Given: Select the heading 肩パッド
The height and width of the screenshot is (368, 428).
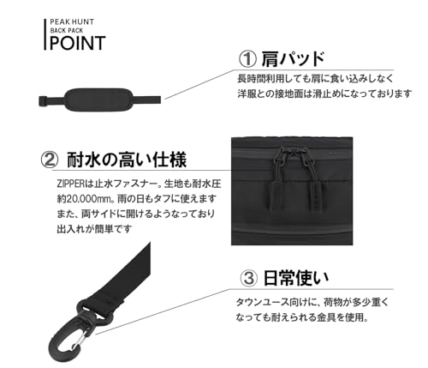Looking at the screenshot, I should click(294, 58).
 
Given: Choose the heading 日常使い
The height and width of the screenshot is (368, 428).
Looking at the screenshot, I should click(294, 277).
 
